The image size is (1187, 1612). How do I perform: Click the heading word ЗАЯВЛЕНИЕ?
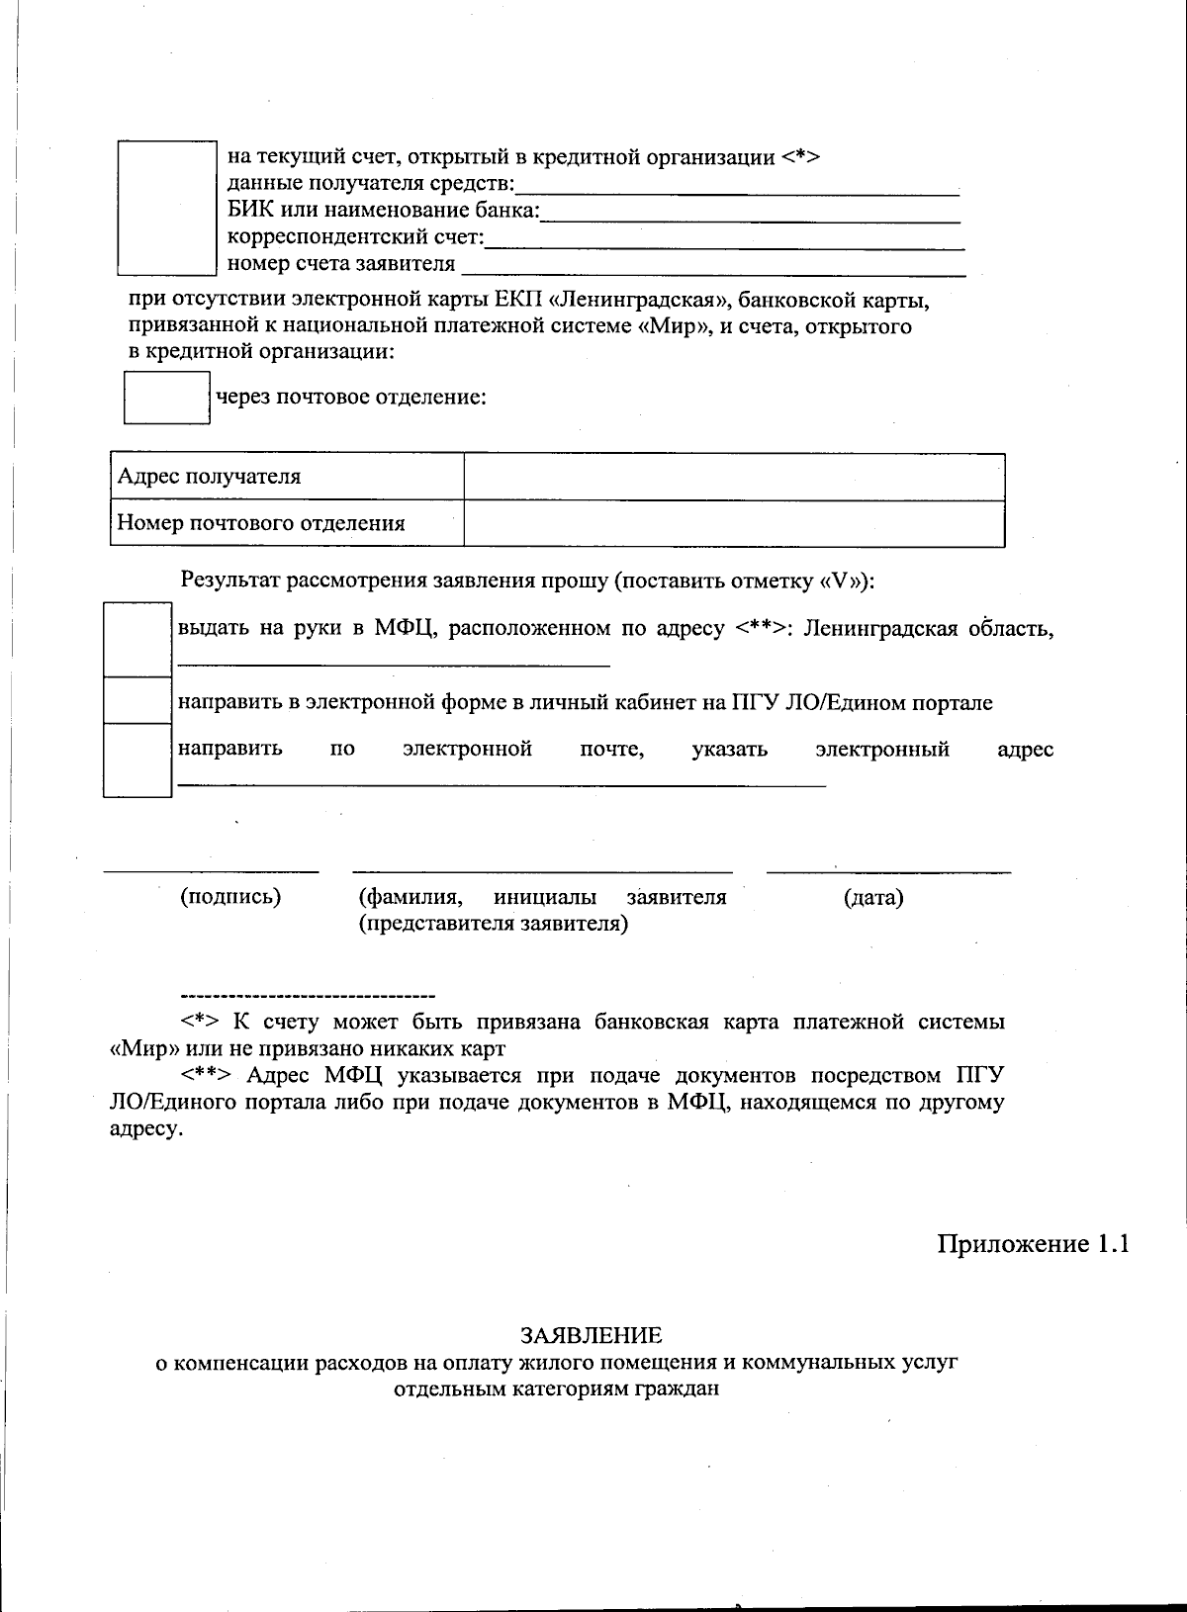pos(592,1335)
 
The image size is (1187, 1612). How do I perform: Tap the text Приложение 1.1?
pos(1033,1244)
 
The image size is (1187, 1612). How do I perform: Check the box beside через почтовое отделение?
pos(166,398)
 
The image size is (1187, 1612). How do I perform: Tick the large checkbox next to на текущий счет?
pos(166,208)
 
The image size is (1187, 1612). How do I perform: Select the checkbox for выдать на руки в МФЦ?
pos(137,640)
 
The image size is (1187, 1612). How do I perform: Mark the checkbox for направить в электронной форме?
pos(137,700)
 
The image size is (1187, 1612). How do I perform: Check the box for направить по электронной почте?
pos(137,760)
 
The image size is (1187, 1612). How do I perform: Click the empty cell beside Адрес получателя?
pos(734,477)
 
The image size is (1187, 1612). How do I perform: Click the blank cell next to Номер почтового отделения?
pos(734,523)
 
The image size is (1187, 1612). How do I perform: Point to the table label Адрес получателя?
pos(209,477)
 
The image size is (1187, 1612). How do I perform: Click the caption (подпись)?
pos(230,897)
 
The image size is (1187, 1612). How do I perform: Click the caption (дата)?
pos(873,898)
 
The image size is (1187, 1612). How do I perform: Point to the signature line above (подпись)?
pos(212,871)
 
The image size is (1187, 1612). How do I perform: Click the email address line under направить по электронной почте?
pos(501,785)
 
